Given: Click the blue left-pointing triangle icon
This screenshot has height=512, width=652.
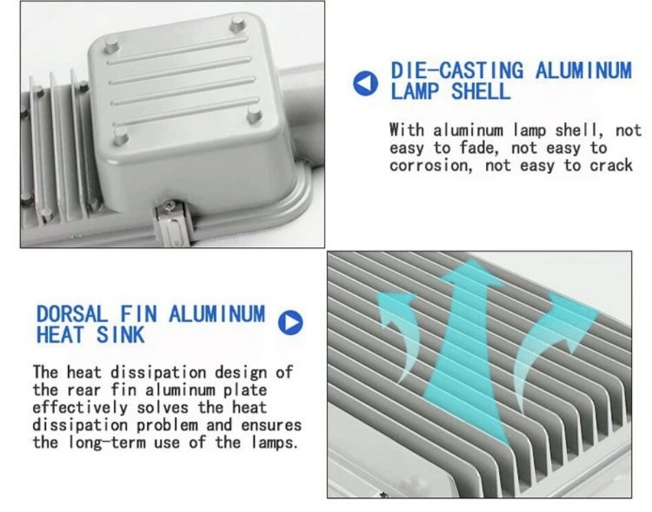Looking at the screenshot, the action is (365, 83).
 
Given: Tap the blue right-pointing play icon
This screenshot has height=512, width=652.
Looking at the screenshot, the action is (290, 322).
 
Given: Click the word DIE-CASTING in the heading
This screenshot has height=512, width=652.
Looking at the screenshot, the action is (457, 70).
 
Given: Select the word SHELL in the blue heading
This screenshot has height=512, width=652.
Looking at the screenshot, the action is (480, 91).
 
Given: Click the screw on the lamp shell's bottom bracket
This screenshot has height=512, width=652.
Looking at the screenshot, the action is (170, 205).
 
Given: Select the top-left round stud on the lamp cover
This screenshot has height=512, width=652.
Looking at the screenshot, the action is (111, 44).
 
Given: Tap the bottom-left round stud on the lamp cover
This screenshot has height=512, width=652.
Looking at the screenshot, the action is (121, 136).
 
